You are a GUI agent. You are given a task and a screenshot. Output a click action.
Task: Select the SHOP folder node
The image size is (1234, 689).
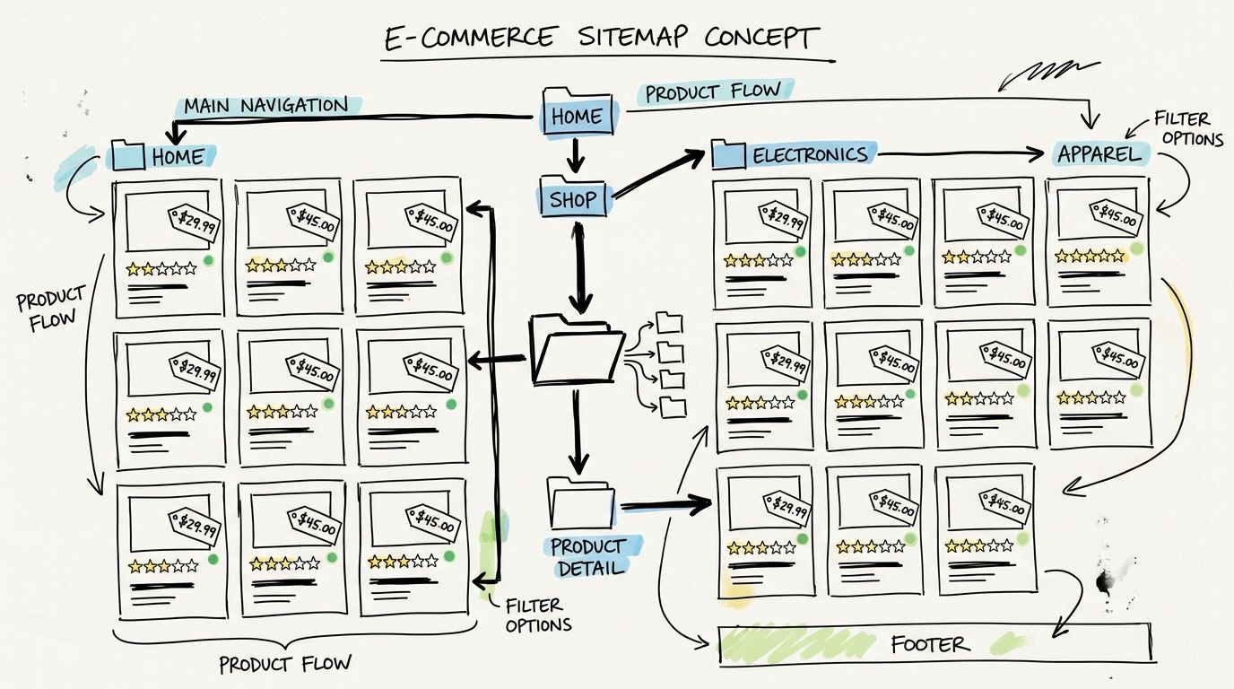coord(572,199)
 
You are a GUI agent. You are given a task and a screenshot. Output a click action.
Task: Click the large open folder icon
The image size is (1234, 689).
coord(576,349)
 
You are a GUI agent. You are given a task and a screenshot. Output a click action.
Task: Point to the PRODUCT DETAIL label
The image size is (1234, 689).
coord(588,556)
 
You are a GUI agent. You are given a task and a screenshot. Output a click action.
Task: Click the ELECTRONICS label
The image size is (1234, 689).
coord(810,154)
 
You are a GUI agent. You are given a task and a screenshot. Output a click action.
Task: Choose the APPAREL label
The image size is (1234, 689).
coord(1099,153)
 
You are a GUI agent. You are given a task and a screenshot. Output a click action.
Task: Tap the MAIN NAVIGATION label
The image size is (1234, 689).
coord(265,106)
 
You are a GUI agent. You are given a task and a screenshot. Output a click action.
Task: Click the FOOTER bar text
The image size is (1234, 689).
coord(929,644)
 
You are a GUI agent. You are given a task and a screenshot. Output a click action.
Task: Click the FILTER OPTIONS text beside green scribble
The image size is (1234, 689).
coord(538,615)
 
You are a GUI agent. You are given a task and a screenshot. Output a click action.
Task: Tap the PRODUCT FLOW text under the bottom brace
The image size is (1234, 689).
coord(286,664)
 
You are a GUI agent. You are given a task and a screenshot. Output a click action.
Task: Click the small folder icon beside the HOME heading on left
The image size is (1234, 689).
coord(126,156)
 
